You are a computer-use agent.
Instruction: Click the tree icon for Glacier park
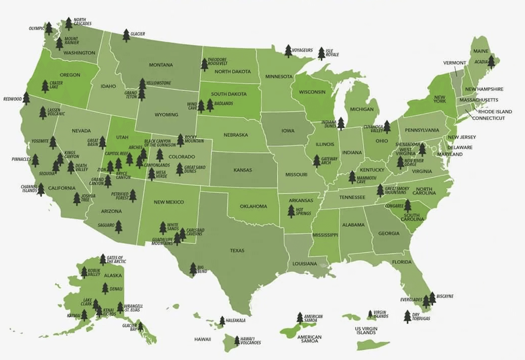[x=126, y=36]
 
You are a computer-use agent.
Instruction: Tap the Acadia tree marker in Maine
[x=491, y=62]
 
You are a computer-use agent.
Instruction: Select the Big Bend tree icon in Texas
[x=193, y=269]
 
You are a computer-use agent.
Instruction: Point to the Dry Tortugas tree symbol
[x=408, y=317]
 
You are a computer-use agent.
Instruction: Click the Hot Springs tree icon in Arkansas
[x=291, y=211]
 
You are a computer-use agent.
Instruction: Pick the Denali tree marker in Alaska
[x=105, y=289]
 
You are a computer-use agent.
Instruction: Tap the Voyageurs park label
[x=302, y=50]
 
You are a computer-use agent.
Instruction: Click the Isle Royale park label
[x=332, y=53]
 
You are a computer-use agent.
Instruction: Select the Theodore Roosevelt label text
[x=217, y=62]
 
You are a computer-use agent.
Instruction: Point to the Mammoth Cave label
[x=366, y=180]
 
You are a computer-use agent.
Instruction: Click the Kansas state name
[x=243, y=170]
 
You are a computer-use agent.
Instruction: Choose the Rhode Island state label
[x=495, y=111]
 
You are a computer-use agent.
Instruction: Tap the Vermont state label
[x=455, y=63]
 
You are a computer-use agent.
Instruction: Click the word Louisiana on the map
[x=304, y=263]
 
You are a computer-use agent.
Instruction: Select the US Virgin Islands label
[x=366, y=330]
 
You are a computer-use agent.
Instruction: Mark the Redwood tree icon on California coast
[x=26, y=98]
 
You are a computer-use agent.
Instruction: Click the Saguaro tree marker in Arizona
[x=118, y=227]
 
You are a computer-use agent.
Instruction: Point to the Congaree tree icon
[x=408, y=206]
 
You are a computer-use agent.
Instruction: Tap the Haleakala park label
[x=235, y=321]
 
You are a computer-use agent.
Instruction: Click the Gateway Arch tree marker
[x=316, y=161]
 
